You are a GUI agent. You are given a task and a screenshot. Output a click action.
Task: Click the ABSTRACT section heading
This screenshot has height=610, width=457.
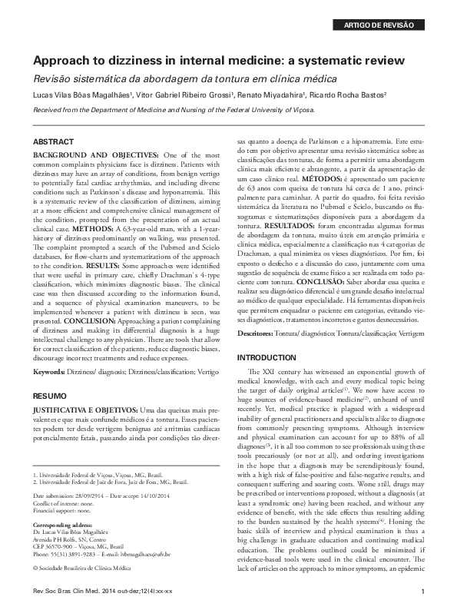[54, 143]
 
